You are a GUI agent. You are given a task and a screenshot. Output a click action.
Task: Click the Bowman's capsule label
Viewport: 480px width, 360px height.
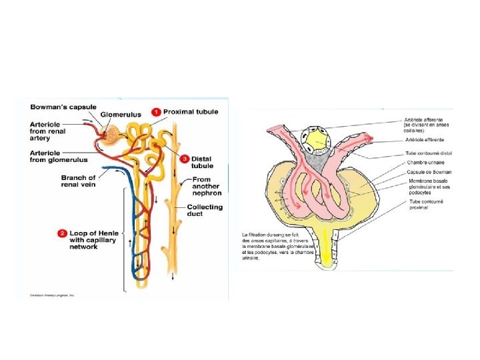pos(63,107)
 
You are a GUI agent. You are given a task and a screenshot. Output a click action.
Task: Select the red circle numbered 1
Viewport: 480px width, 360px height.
pos(155,111)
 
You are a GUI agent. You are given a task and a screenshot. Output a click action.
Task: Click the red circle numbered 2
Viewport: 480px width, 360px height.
pos(61,233)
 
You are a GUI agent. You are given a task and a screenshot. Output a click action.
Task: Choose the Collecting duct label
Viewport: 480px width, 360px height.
pos(205,211)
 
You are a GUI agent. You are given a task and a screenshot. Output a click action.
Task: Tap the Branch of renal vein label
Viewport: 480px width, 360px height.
pos(78,181)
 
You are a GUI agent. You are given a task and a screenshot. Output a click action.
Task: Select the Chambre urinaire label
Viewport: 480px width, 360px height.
pos(425,162)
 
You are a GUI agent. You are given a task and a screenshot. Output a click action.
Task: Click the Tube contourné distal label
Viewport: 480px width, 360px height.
pos(428,153)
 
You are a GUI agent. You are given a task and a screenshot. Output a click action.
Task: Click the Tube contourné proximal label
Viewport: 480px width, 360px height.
pos(427,203)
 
